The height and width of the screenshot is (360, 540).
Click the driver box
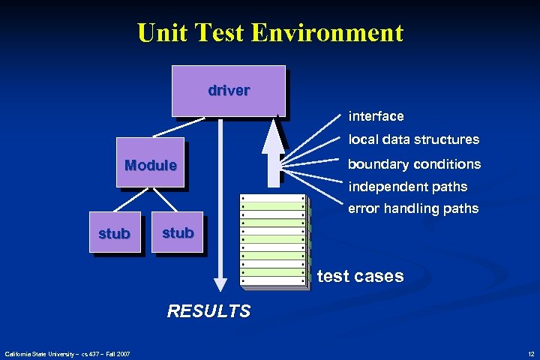coord(229,91)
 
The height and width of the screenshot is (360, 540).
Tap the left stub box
coord(114,233)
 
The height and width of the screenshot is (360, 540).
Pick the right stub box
coord(178,232)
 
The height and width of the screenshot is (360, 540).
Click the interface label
coord(376,116)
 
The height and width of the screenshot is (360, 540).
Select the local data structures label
coord(413,139)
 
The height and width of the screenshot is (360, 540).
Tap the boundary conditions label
coord(414,163)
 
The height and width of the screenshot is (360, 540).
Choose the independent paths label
coord(407,186)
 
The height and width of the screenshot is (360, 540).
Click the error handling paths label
coord(413,208)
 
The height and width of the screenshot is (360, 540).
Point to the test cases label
coord(360,276)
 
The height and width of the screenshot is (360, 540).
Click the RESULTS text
coord(208,310)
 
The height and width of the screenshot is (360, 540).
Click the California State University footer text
coord(67,353)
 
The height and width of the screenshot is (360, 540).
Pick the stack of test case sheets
coord(273,240)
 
